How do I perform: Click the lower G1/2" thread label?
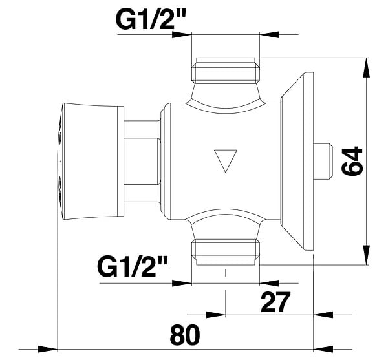point(132,267)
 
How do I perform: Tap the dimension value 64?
point(352,161)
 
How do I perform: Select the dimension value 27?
point(275,302)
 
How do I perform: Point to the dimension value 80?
point(185,336)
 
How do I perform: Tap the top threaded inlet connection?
point(226,70)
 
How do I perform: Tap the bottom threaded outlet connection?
point(226,251)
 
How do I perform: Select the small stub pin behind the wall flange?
point(323,161)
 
